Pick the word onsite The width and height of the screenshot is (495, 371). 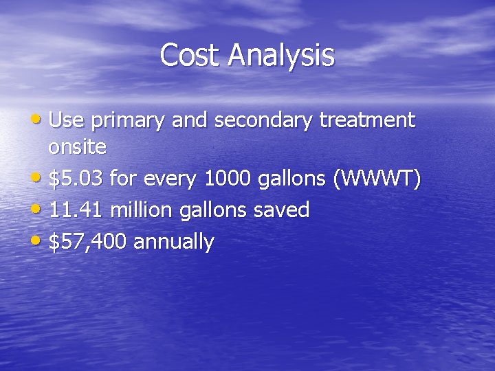[77, 147]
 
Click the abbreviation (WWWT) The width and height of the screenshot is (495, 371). [377, 179]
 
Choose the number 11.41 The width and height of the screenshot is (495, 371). [76, 210]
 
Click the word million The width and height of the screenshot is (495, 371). [142, 210]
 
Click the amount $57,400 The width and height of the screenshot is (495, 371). [88, 242]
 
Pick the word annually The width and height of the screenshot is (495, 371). [174, 243]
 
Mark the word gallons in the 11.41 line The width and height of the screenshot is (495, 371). [213, 212]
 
